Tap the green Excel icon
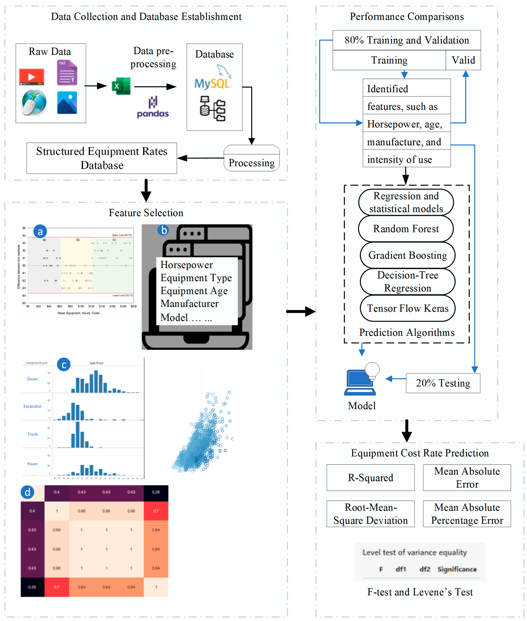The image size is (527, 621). tap(121, 86)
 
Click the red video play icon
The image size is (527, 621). tap(31, 76)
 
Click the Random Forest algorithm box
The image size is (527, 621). tap(406, 229)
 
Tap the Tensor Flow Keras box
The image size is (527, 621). tap(407, 308)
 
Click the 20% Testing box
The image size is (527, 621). tap(443, 383)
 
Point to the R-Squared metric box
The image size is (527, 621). tap(370, 477)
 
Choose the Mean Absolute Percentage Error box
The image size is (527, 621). tap(467, 514)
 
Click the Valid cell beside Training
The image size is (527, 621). tap(463, 60)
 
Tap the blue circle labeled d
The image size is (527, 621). tap(27, 492)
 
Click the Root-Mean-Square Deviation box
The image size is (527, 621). tap(370, 514)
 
